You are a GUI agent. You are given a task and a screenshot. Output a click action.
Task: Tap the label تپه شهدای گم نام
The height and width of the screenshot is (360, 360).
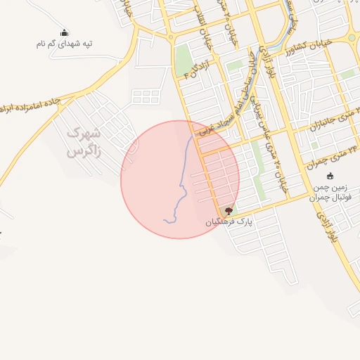click(65, 44)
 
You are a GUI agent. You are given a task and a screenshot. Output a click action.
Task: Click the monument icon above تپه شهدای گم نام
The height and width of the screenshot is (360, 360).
click(65, 32)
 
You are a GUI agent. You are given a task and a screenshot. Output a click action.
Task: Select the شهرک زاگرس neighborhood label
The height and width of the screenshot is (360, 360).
click(84, 142)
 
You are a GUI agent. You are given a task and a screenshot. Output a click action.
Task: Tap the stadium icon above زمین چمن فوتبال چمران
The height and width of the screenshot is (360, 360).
click(330, 176)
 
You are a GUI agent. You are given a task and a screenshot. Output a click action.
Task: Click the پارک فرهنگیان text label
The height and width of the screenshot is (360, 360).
click(229, 221)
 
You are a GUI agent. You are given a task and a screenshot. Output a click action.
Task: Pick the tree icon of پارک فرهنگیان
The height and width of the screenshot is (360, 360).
click(228, 210)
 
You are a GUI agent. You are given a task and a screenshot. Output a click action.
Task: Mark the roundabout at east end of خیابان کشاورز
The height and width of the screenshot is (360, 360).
click(351, 38)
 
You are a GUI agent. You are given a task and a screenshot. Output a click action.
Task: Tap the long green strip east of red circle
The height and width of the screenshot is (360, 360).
click(258, 162)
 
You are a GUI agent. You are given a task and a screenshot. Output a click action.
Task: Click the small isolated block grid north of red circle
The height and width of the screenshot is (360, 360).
click(146, 96)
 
